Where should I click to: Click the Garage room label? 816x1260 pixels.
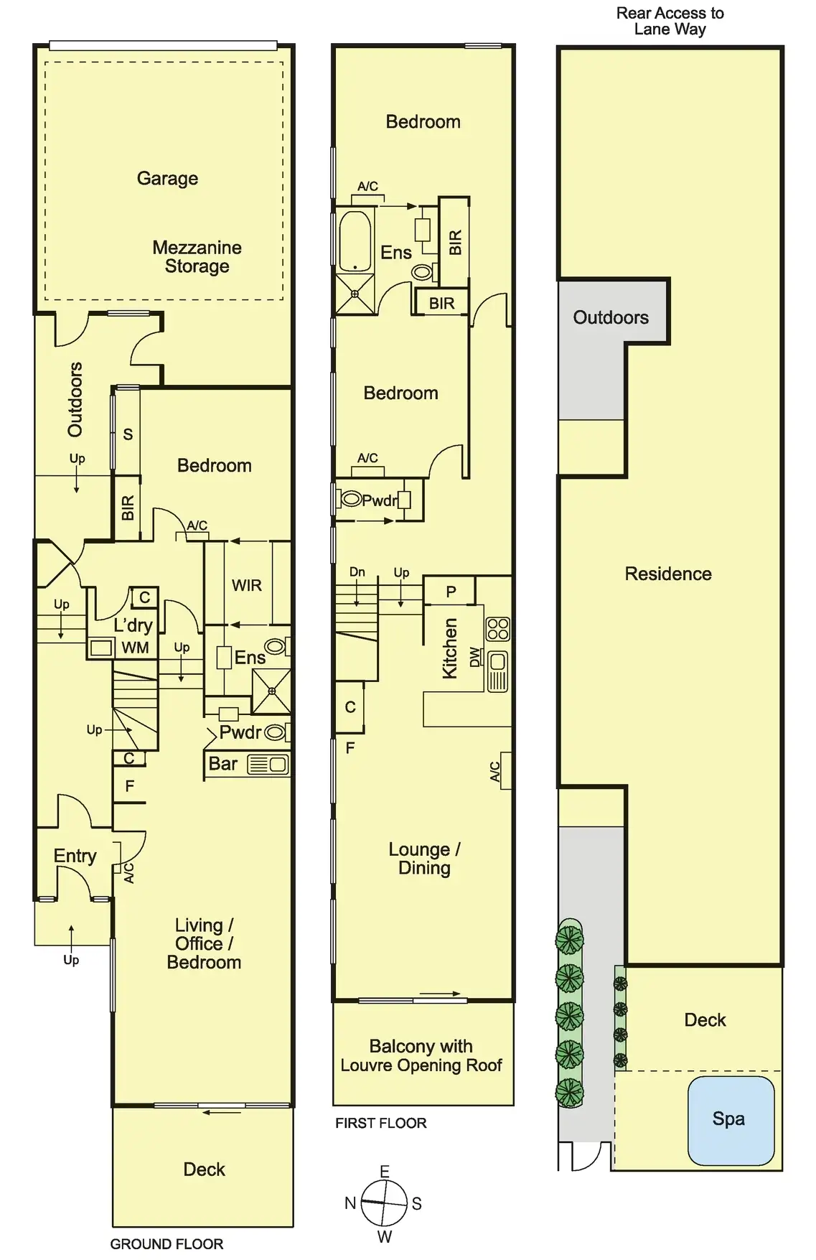pyautogui.click(x=167, y=178)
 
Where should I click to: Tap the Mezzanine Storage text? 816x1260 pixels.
pyautogui.click(x=197, y=257)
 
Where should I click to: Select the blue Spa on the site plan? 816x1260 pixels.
pyautogui.click(x=731, y=1119)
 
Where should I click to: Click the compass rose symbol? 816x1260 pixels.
pyautogui.click(x=385, y=1203)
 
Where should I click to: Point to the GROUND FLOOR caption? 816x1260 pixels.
pyautogui.click(x=167, y=1243)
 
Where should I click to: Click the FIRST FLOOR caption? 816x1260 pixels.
pyautogui.click(x=380, y=1123)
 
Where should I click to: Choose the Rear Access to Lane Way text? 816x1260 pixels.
pyautogui.click(x=670, y=21)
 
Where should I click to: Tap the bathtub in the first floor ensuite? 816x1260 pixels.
pyautogui.click(x=355, y=240)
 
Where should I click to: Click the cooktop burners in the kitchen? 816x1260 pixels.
pyautogui.click(x=497, y=629)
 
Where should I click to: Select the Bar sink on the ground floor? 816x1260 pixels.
pyautogui.click(x=268, y=765)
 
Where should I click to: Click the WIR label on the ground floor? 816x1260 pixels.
pyautogui.click(x=246, y=585)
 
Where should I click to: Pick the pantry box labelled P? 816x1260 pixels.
pyautogui.click(x=450, y=592)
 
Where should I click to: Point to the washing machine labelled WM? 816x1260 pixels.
pyautogui.click(x=101, y=648)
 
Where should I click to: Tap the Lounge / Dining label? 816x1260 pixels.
pyautogui.click(x=424, y=859)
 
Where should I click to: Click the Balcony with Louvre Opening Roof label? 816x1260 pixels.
pyautogui.click(x=421, y=1055)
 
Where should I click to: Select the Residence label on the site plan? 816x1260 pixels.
pyautogui.click(x=667, y=574)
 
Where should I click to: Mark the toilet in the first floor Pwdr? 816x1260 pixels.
pyautogui.click(x=352, y=498)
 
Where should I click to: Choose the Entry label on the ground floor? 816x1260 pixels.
pyautogui.click(x=75, y=856)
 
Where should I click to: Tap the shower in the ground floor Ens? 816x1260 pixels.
pyautogui.click(x=272, y=691)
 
